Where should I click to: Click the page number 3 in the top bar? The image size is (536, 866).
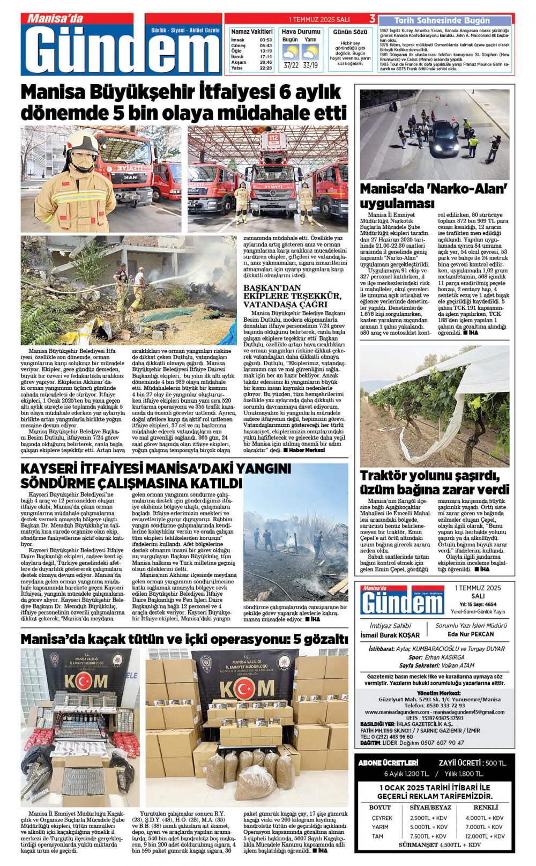[372, 19]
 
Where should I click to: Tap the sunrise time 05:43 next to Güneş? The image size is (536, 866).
[265, 46]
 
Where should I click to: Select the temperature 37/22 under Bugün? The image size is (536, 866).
[291, 65]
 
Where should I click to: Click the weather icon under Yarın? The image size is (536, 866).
[310, 52]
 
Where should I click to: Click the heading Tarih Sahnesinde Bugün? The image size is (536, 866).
[442, 20]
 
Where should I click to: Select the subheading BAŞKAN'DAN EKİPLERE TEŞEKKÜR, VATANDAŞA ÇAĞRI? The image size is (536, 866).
[292, 295]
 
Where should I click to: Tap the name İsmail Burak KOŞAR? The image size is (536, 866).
[390, 635]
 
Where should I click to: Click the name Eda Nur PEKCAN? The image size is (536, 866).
[471, 634]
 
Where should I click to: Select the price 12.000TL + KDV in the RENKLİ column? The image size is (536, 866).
[484, 836]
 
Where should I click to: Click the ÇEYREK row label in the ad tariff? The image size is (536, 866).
[382, 818]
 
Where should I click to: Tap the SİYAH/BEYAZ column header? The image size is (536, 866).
[430, 807]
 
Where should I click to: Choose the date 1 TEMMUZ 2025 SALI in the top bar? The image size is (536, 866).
[319, 19]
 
